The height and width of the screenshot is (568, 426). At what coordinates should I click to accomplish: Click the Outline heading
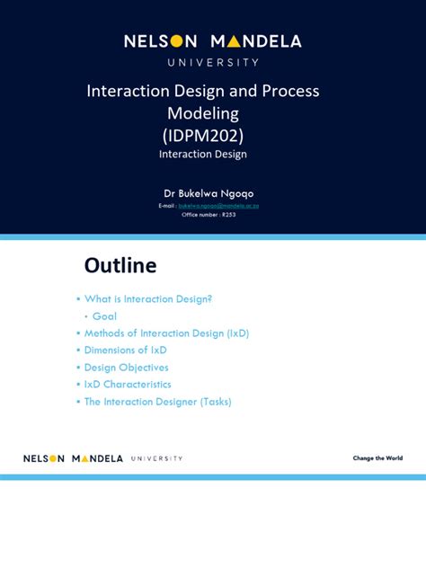pos(120,265)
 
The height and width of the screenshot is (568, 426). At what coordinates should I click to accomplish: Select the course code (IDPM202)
pos(202,135)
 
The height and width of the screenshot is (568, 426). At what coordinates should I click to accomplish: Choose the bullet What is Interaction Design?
pos(148,299)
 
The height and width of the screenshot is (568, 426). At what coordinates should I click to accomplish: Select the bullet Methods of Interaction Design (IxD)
pos(166,333)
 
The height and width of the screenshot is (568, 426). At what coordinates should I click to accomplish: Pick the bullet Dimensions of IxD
pos(125,351)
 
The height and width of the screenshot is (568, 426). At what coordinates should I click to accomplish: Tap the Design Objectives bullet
pos(126,368)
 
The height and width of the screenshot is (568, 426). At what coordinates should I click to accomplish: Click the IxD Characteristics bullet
pos(128,385)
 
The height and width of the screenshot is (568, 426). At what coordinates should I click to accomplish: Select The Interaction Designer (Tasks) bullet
pos(157,402)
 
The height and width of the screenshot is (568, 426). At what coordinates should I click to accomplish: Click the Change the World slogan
pos(377,458)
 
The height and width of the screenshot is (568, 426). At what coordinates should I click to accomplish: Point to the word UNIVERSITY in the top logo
pos(213,63)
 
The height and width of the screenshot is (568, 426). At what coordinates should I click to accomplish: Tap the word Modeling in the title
pos(203,113)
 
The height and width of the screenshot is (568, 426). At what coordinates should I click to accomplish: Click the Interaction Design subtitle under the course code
pos(203,155)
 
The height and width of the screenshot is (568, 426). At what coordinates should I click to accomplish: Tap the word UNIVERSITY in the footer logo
pos(156,458)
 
